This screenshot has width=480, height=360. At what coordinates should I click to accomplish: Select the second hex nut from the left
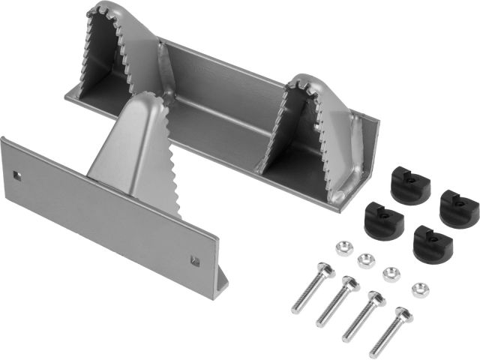[x=366, y=261]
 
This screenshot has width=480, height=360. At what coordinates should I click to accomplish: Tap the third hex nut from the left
[x=391, y=273]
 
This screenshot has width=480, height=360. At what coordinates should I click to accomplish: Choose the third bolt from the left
[x=363, y=317]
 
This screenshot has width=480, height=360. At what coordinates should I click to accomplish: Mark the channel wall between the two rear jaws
[x=225, y=82]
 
